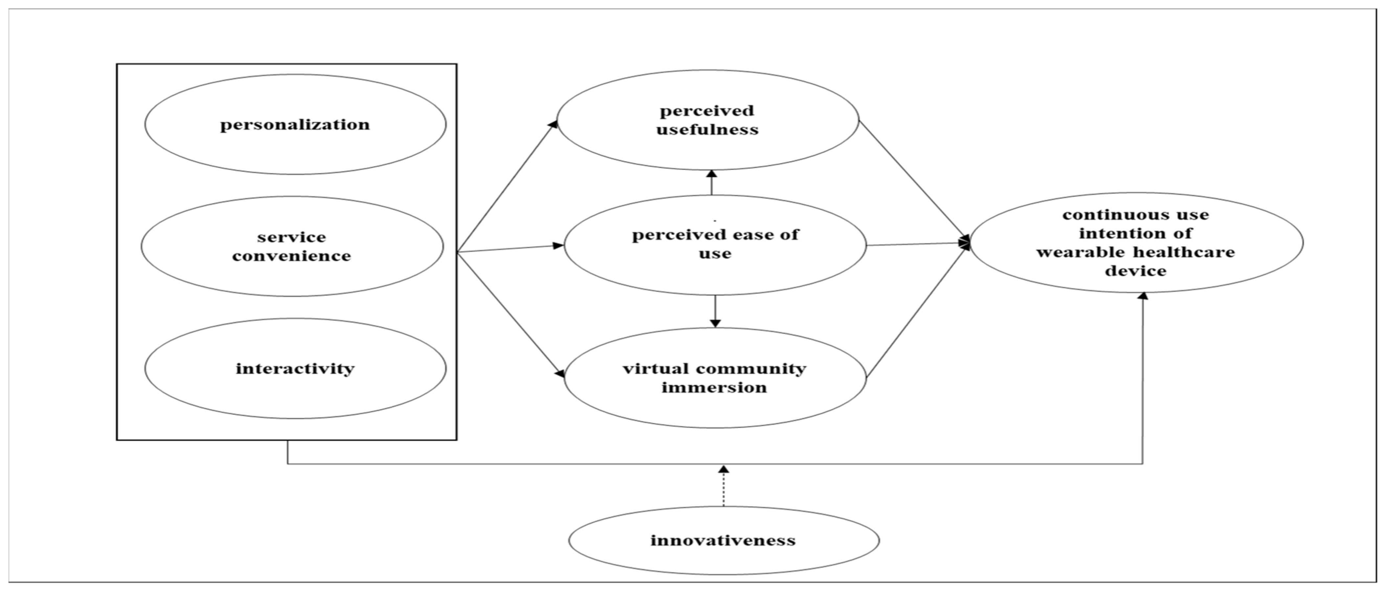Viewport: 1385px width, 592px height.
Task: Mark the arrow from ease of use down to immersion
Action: [x=715, y=311]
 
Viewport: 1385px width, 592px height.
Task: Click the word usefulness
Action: [x=708, y=130]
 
